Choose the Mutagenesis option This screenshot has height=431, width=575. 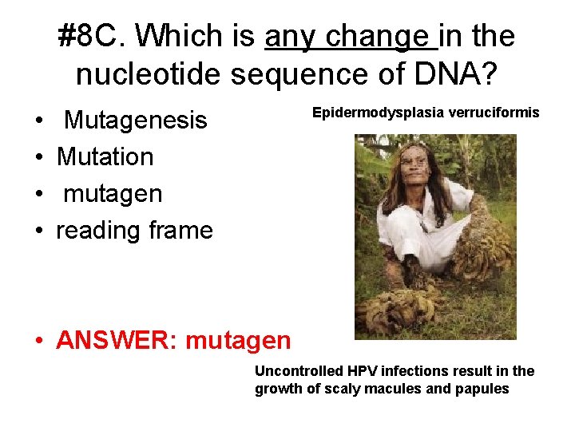pyautogui.click(x=135, y=121)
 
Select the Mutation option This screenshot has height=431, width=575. pyautogui.click(x=105, y=156)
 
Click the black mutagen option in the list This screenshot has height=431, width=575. pyautogui.click(x=113, y=193)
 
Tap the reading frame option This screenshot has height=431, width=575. pyautogui.click(x=134, y=230)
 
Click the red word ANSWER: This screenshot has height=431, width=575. pyautogui.click(x=117, y=341)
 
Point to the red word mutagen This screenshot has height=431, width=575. pyautogui.click(x=237, y=341)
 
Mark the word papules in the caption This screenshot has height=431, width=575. pyautogui.click(x=482, y=389)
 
